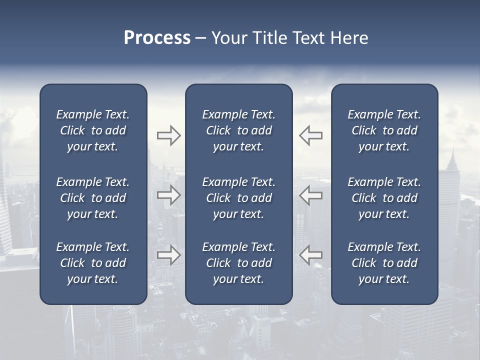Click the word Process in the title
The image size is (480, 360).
pyautogui.click(x=157, y=38)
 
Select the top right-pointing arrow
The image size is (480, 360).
pyautogui.click(x=168, y=135)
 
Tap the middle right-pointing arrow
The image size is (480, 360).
pyautogui.click(x=168, y=195)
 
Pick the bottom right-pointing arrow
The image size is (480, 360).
pyautogui.click(x=168, y=255)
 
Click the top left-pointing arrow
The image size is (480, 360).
pyautogui.click(x=310, y=135)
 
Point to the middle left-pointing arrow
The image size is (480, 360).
pyautogui.click(x=310, y=195)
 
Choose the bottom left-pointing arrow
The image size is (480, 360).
pyautogui.click(x=310, y=255)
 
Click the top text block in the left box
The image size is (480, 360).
pyautogui.click(x=93, y=130)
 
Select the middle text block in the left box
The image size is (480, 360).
pyautogui.click(x=93, y=198)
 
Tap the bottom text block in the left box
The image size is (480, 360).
pyautogui.click(x=93, y=263)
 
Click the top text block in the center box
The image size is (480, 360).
pyautogui.click(x=238, y=130)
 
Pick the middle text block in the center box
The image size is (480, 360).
pyautogui.click(x=238, y=198)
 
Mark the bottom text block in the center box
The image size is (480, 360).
pyautogui.click(x=238, y=263)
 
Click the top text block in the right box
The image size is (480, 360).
pyautogui.click(x=384, y=130)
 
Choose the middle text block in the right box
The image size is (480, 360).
pyautogui.click(x=384, y=198)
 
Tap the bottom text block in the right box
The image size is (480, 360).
pyautogui.click(x=384, y=263)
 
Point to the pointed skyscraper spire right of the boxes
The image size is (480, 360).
pyautogui.click(x=452, y=157)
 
